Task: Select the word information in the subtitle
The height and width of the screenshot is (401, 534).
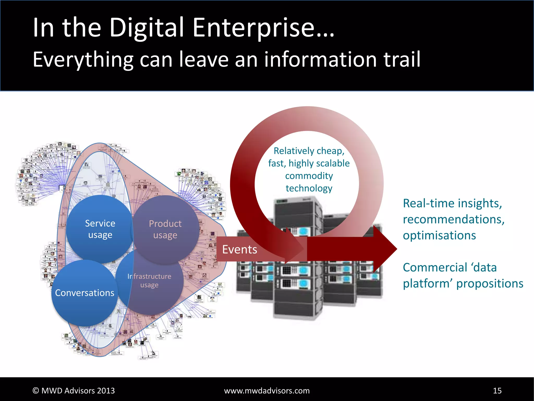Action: [320, 60]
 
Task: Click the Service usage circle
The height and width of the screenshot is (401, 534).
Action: [100, 229]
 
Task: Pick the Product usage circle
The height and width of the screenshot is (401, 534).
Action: [165, 229]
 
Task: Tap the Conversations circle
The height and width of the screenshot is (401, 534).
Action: [84, 293]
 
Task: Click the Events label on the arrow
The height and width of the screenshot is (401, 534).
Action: [239, 249]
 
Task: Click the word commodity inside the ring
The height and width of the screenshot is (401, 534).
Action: [309, 176]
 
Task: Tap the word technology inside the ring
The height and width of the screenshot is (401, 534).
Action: [309, 188]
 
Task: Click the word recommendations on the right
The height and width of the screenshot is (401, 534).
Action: [453, 219]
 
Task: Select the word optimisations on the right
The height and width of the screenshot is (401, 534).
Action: [439, 235]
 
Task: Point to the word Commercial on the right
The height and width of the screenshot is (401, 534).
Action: [435, 267]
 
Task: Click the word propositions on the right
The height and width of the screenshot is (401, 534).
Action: [490, 284]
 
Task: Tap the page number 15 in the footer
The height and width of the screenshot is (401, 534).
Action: [497, 391]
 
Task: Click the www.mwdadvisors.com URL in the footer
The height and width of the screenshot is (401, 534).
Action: [267, 391]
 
